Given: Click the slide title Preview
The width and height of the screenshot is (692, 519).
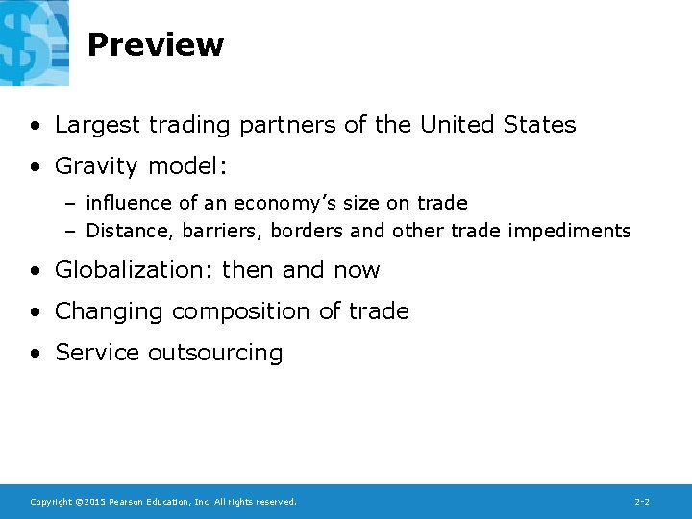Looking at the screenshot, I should pyautogui.click(x=155, y=45).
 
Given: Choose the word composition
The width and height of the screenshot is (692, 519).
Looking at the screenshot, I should pyautogui.click(x=244, y=312).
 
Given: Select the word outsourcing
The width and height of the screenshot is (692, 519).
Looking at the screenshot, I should pyautogui.click(x=215, y=354).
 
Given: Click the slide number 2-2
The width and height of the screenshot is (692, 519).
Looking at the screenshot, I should pyautogui.click(x=642, y=502).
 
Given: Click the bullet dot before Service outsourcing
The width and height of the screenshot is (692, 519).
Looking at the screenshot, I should pyautogui.click(x=35, y=354).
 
